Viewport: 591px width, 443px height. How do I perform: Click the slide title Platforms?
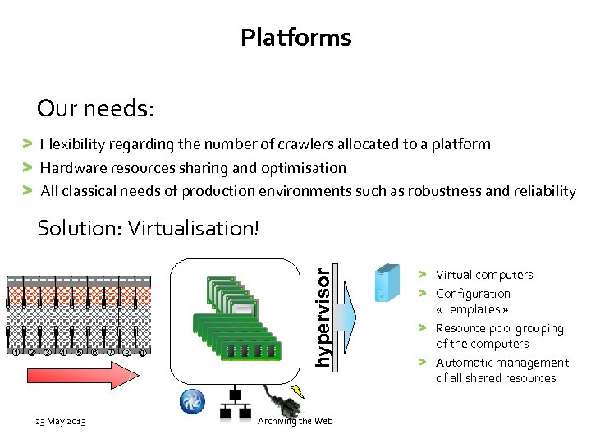click(295, 38)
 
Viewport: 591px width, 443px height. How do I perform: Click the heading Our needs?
click(95, 108)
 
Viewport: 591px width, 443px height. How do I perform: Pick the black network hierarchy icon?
click(235, 404)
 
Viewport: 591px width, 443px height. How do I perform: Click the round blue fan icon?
click(194, 402)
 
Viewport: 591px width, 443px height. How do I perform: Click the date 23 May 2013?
click(62, 422)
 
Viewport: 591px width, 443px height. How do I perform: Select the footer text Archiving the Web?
click(295, 421)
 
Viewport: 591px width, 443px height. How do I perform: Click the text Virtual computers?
click(484, 275)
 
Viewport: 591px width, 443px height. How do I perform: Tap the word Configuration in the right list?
click(473, 294)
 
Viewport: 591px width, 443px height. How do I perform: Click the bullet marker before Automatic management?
click(420, 362)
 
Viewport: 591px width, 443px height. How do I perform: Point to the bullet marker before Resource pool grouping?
click(420, 328)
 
